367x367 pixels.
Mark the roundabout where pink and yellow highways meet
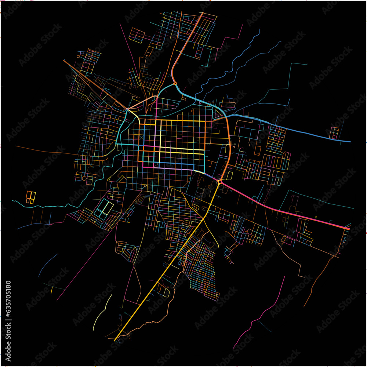pos(219,182)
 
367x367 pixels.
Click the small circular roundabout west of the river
pos(84,178)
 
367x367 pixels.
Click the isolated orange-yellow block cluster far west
pos(30,196)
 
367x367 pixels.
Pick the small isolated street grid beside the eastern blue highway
pos(334,132)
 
